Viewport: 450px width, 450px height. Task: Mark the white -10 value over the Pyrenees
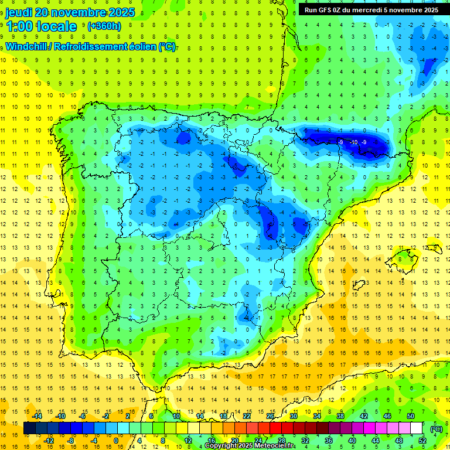[353, 142]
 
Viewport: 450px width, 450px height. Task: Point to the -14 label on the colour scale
[37, 416]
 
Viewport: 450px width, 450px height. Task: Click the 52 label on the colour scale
[422, 441]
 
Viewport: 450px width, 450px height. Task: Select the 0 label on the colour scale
[115, 441]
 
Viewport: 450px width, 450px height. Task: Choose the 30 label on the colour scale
[293, 416]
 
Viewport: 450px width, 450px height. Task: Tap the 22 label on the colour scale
[247, 416]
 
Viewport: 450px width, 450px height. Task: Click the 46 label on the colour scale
[387, 416]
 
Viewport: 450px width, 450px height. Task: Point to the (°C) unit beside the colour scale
[437, 428]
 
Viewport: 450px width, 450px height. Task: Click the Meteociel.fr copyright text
[250, 446]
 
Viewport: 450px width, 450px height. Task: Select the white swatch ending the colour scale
[417, 428]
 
